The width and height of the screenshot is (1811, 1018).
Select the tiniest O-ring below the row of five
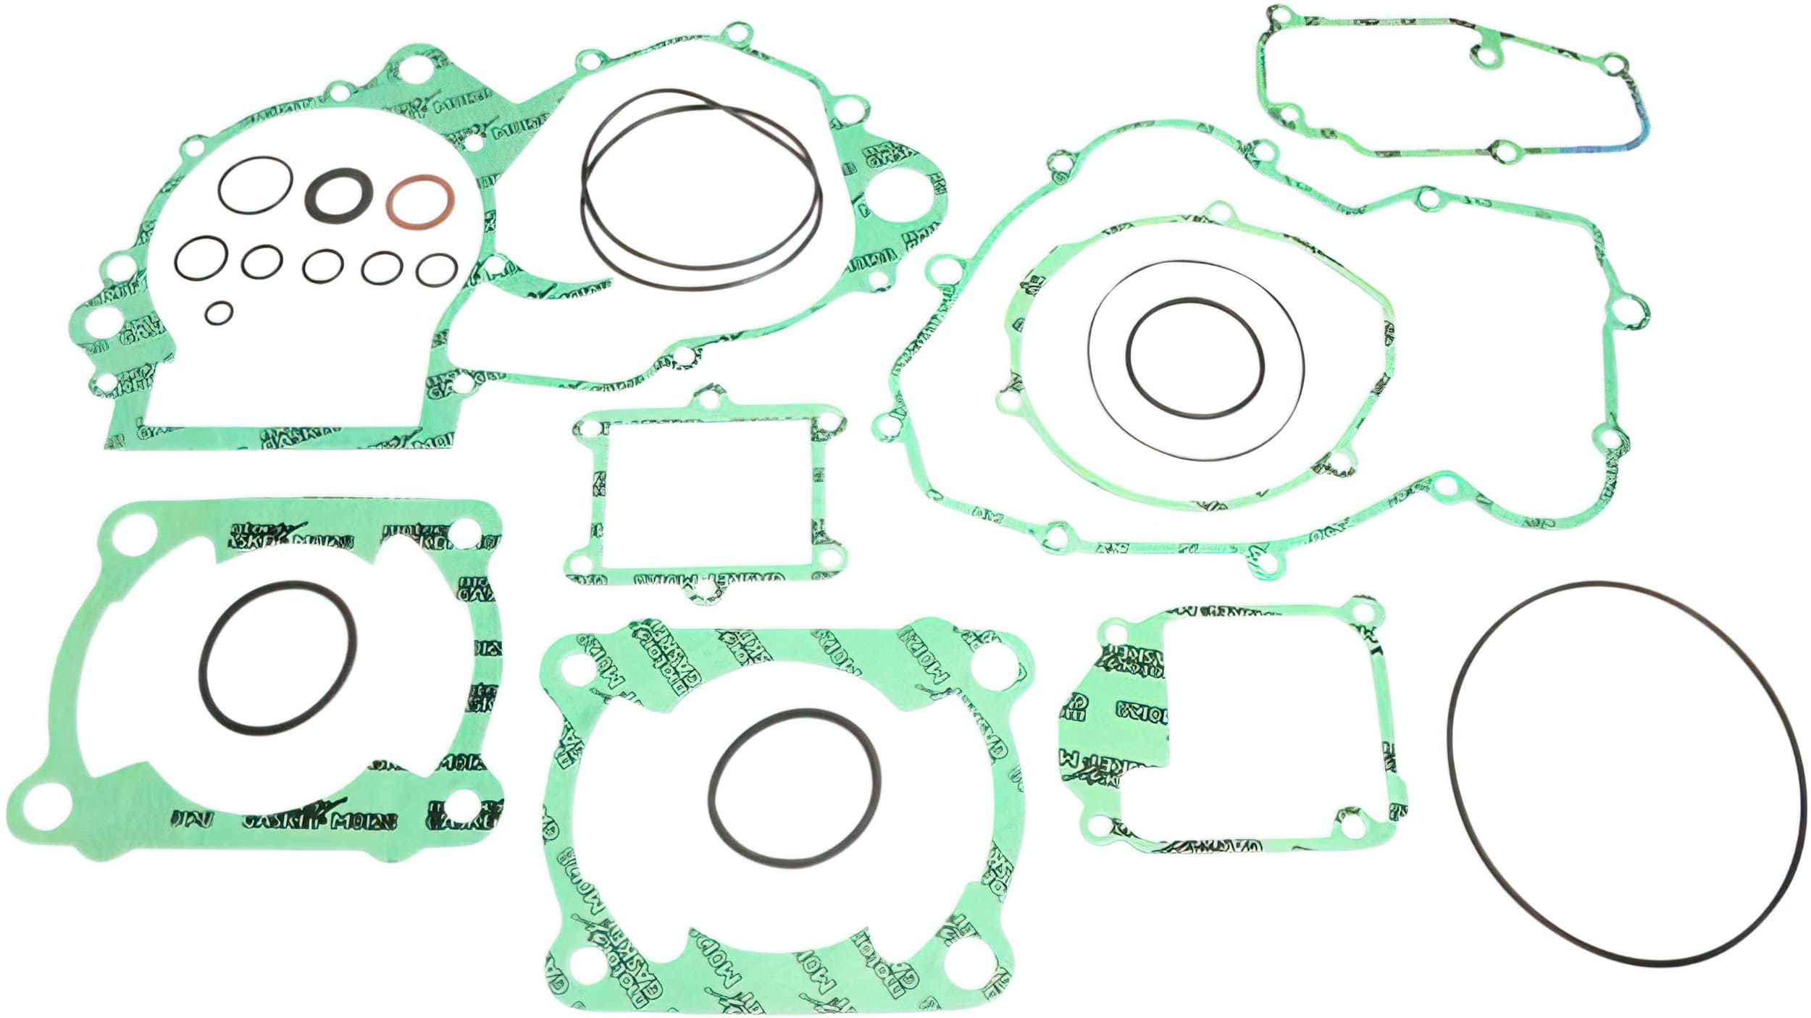click(219, 313)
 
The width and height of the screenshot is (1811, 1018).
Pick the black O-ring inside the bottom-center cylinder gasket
click(710, 788)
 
